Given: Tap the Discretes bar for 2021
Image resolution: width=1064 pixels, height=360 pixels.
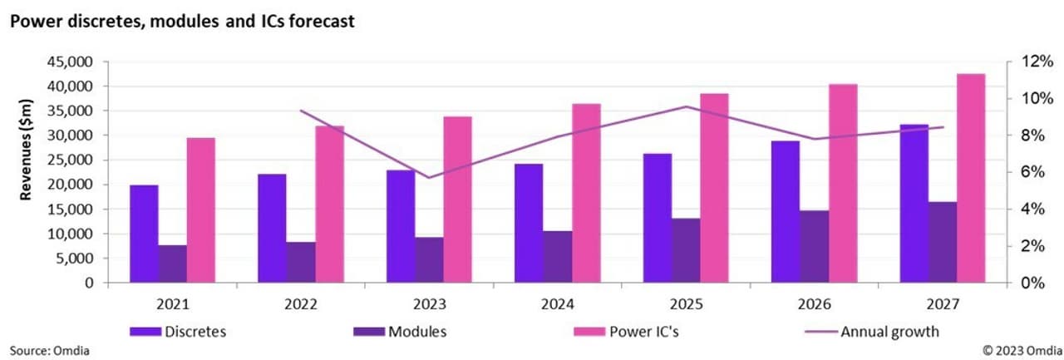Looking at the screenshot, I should [144, 234].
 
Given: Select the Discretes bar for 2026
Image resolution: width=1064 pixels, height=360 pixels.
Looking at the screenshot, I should [786, 212].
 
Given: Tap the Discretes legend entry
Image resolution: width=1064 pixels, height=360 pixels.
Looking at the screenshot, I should [178, 332].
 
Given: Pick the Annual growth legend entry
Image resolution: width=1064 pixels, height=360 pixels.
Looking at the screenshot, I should [872, 332].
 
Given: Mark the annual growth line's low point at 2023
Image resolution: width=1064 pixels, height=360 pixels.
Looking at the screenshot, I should [429, 177].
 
